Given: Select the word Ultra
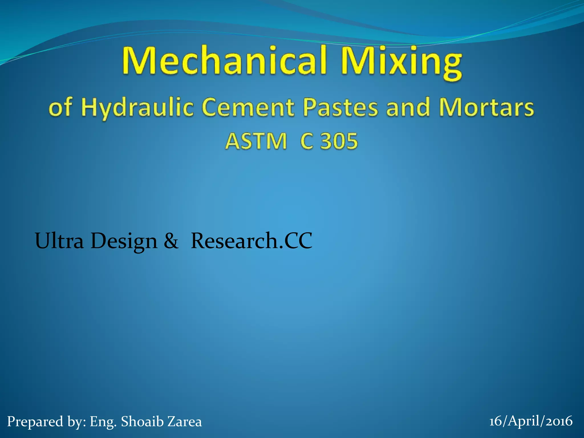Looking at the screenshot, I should pos(59,241).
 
